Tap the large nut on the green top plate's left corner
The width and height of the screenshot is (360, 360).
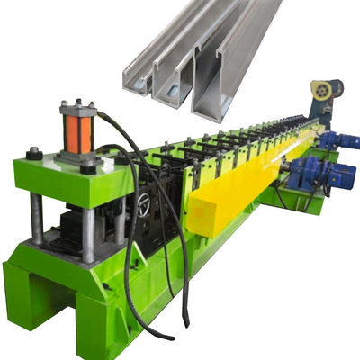click(x=34, y=154)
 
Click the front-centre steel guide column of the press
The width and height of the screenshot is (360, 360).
click(x=88, y=234)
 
